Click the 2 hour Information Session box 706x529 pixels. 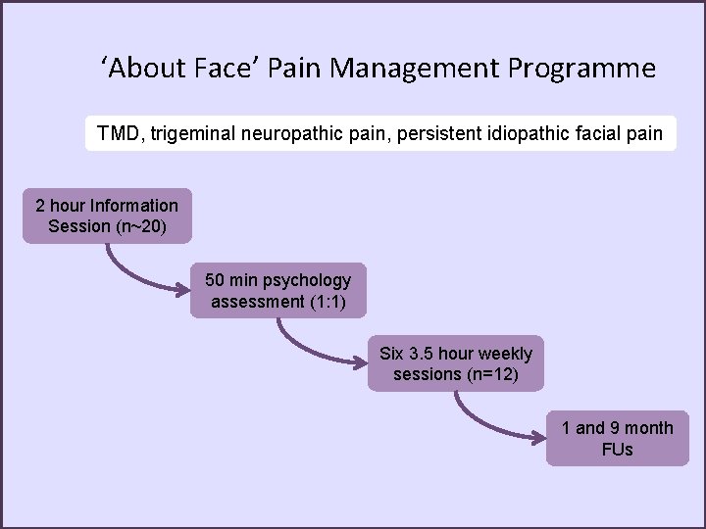coord(107,216)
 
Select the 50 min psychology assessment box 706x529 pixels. coord(277,290)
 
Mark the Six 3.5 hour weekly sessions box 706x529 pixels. coord(456,363)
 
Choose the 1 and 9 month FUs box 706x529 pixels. coord(617,438)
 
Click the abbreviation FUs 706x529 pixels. coord(618,450)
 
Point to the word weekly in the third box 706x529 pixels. coord(501,354)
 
